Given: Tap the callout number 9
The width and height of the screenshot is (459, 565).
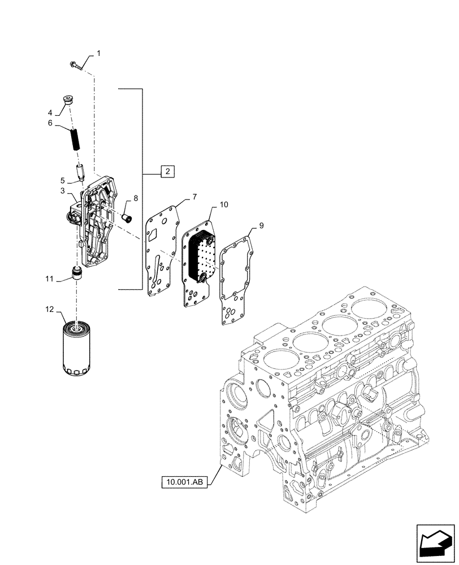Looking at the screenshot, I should pyautogui.click(x=261, y=226).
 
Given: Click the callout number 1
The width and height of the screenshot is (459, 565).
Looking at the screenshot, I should pyautogui.click(x=98, y=53).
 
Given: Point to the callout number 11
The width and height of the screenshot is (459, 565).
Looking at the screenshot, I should pyautogui.click(x=51, y=279).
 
